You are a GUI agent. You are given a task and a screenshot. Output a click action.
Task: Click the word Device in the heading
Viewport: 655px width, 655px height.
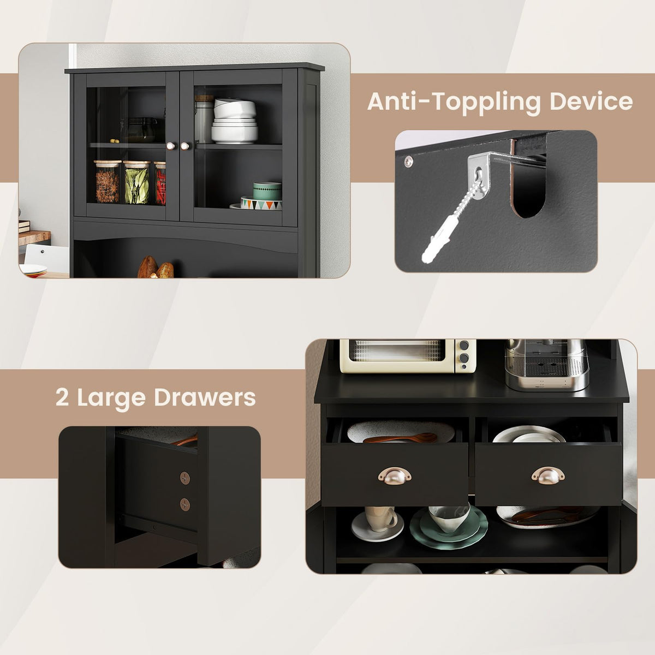592,101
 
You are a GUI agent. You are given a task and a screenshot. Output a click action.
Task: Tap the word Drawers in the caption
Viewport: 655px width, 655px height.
205,397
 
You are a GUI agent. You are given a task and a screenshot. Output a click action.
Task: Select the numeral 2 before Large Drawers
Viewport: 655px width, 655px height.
62,397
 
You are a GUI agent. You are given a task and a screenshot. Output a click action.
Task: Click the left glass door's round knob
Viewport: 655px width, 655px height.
170,146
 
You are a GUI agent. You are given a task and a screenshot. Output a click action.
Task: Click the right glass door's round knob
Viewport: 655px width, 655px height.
185,146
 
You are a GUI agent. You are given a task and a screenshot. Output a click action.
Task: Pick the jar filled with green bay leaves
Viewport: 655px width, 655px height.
136,182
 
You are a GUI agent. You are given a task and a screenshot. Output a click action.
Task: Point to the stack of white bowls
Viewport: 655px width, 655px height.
234,120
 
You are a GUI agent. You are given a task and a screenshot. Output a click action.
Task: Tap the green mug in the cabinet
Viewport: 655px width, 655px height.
267,191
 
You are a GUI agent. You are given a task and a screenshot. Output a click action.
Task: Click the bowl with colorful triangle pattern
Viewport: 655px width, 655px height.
261,203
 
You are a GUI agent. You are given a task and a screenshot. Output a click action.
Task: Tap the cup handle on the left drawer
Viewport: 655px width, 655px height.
395,475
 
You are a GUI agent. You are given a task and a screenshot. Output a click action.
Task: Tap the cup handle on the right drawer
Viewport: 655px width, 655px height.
548,475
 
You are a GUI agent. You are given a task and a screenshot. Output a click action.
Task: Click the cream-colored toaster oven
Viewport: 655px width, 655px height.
408,356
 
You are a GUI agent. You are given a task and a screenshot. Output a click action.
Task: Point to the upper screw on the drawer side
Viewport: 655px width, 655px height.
185,478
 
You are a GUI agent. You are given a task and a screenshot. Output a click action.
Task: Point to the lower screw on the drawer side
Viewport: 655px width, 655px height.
185,504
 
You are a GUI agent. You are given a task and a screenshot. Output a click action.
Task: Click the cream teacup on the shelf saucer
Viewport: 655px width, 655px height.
380,519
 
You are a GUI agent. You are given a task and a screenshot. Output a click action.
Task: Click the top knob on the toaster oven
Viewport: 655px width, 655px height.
463,346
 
